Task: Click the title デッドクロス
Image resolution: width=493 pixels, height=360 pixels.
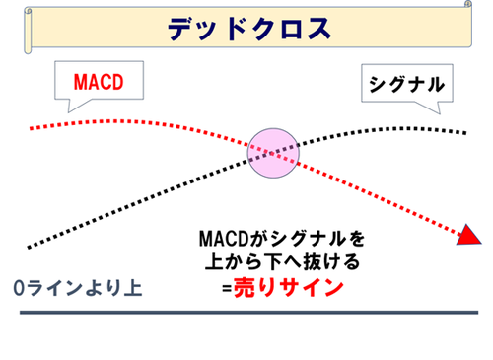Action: click(x=247, y=28)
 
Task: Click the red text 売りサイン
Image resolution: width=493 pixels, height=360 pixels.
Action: click(x=287, y=289)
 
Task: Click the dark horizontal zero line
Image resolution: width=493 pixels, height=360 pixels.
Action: click(x=246, y=314)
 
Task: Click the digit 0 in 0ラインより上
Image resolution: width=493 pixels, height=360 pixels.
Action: click(x=20, y=288)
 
